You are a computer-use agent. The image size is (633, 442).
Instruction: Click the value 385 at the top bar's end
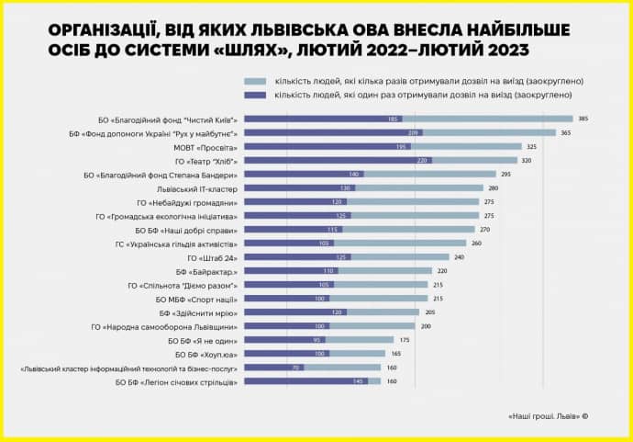tap(583, 119)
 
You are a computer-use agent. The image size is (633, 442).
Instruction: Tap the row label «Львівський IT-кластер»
tap(198, 188)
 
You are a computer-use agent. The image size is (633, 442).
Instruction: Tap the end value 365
tap(566, 132)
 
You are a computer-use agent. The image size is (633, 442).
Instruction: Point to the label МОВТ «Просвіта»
tap(206, 147)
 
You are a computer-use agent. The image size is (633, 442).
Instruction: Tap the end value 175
tap(405, 340)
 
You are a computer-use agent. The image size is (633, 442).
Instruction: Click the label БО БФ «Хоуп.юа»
tap(206, 354)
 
